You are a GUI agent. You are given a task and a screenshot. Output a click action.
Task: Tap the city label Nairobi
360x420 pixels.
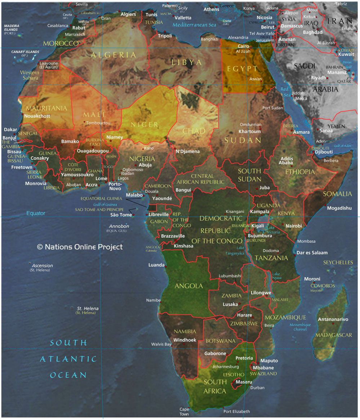coord(293,226)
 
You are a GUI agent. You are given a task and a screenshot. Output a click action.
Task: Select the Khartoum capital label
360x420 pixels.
coord(249,132)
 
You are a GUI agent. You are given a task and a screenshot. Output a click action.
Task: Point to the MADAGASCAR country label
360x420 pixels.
coord(333,335)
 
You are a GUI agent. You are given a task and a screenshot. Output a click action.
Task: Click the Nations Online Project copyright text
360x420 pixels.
coord(80,247)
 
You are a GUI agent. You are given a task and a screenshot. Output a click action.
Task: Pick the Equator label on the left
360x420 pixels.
coord(36,213)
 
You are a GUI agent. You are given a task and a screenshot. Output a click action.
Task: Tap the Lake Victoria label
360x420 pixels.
coord(273,230)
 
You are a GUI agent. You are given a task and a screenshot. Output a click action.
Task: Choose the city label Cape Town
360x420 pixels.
coord(184,412)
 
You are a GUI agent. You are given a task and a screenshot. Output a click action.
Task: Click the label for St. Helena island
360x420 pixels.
coord(88,309)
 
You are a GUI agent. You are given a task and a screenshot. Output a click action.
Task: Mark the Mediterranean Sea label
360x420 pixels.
coord(194,25)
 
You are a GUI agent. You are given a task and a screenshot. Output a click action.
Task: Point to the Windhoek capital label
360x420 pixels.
coord(185,340)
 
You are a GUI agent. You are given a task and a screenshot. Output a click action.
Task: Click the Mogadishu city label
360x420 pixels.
coord(339,208)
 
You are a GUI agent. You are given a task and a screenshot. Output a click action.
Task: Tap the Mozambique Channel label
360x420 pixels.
coord(300,327)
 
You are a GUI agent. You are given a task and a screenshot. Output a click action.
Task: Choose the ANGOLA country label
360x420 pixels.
coord(189,286)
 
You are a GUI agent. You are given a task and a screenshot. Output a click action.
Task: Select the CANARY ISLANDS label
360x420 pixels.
coord(25,52)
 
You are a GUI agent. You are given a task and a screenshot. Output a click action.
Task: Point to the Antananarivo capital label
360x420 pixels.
coord(333,319)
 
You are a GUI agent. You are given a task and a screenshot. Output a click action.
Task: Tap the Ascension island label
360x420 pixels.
coord(42,266)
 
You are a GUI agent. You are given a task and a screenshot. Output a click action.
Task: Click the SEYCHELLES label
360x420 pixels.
coord(338,262)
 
